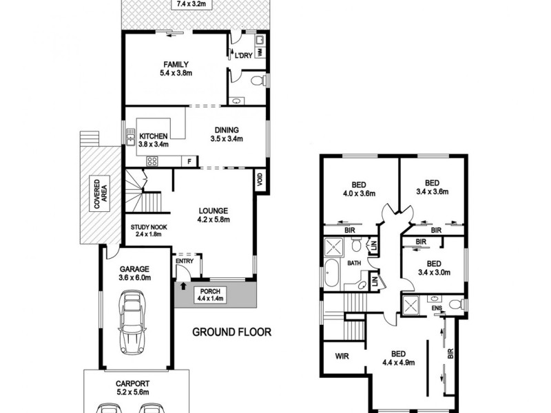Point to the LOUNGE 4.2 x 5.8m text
click(214, 215)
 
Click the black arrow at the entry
click(183, 278)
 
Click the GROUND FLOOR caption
click(231, 332)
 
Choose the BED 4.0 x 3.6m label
click(358, 189)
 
